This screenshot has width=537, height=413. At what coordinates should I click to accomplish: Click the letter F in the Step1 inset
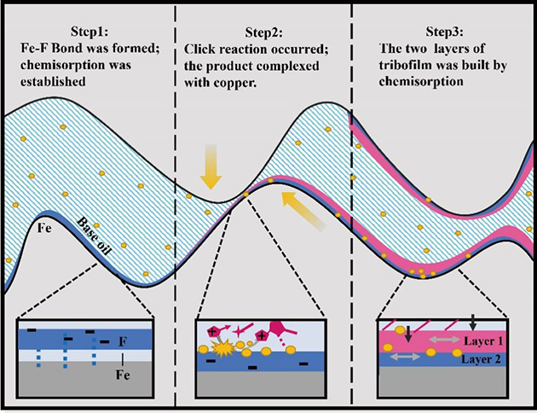tap(124, 341)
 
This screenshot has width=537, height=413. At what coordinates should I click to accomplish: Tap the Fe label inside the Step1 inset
tap(124, 368)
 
